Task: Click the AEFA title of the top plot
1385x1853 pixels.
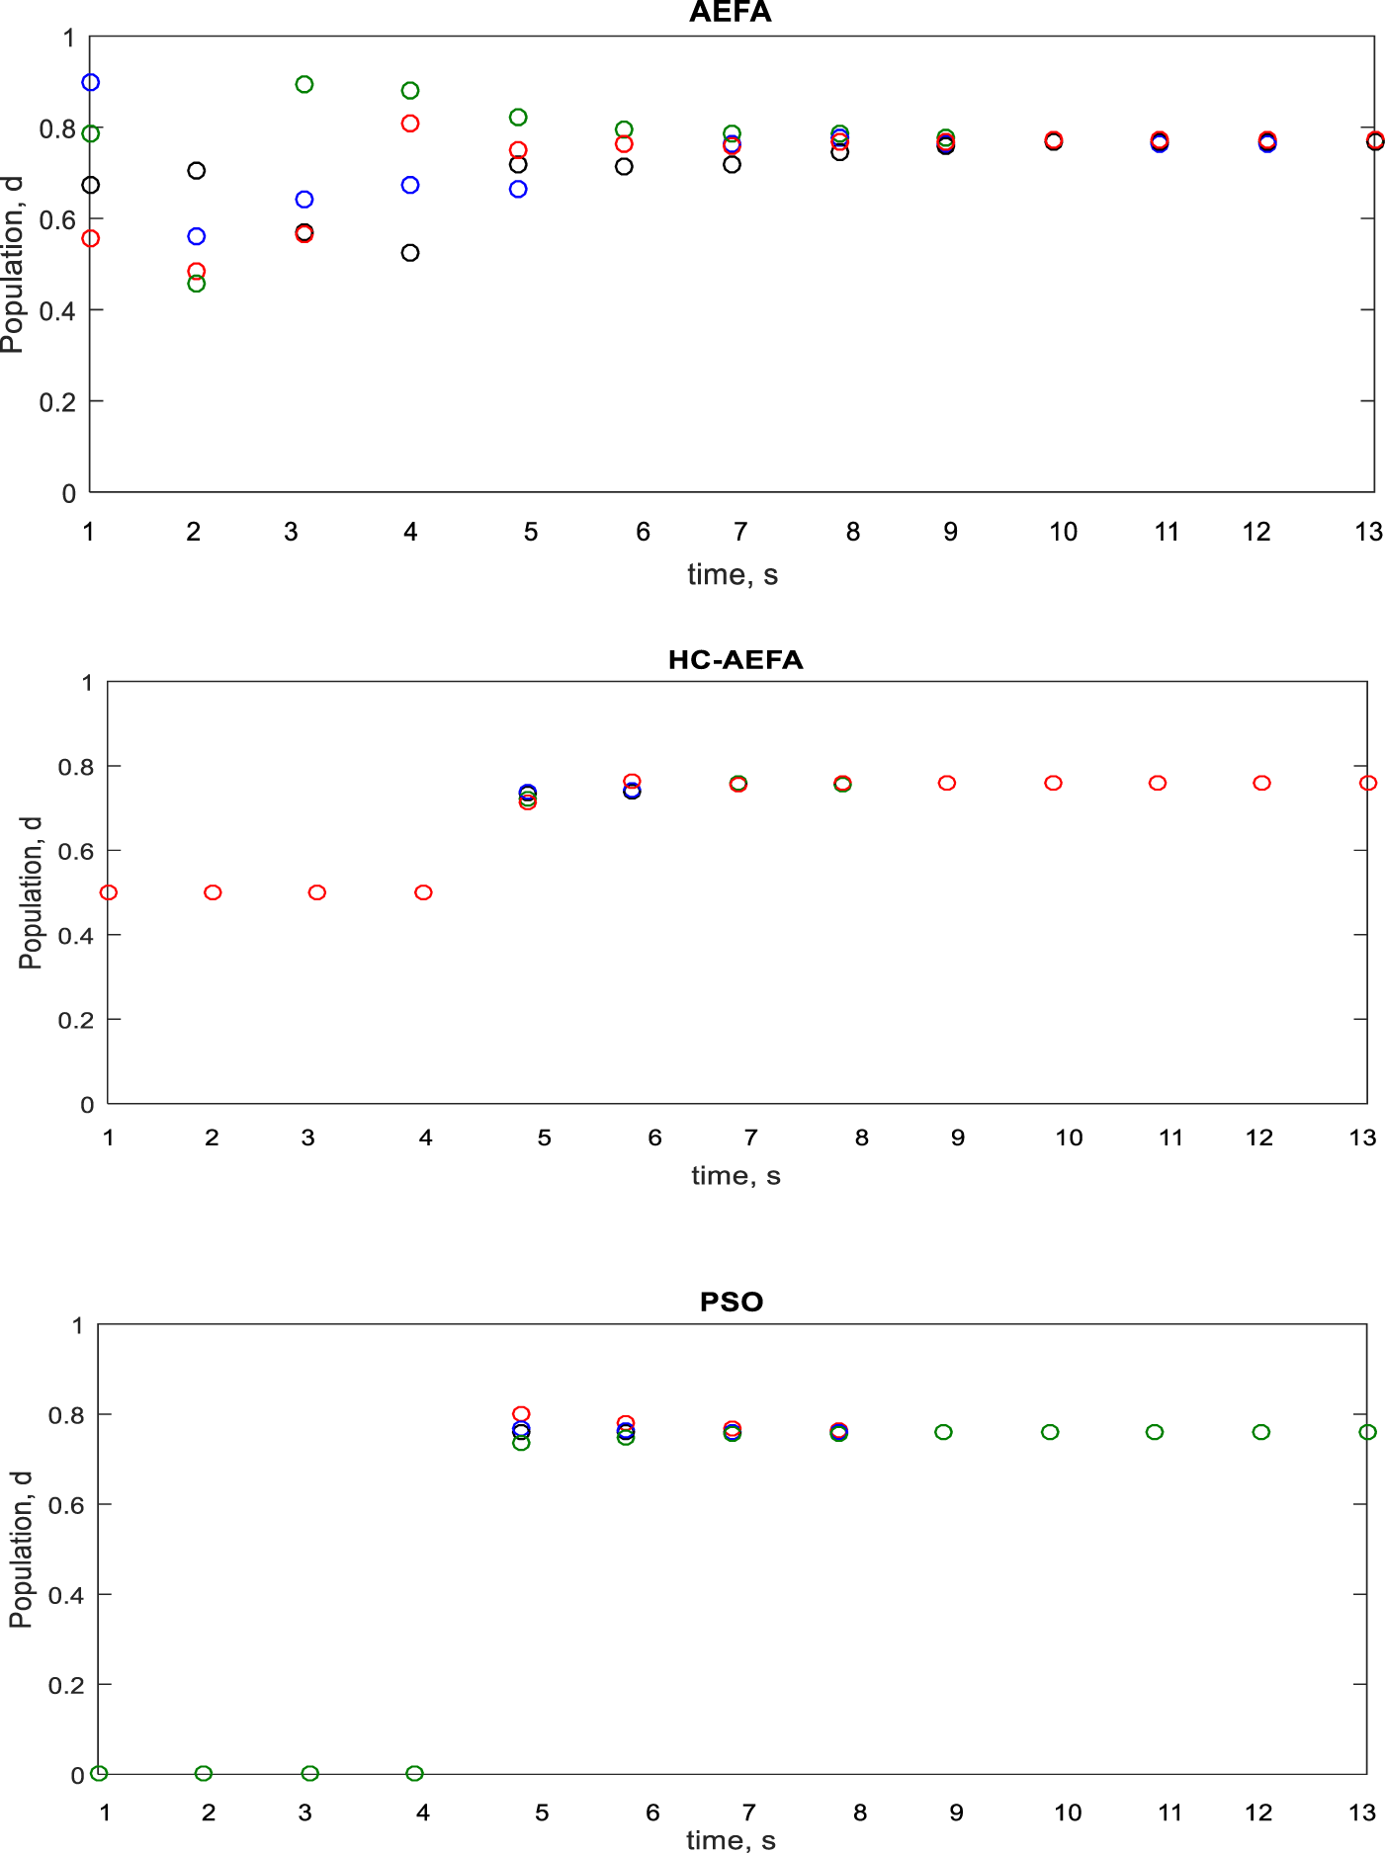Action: coord(730,13)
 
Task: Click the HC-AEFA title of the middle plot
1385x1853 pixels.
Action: coord(736,660)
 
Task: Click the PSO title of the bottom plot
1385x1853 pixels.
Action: coord(732,1302)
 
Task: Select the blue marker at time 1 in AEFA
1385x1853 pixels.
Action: coord(91,83)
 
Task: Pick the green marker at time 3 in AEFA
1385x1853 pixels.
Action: coord(304,85)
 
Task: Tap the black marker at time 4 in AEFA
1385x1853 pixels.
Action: coord(410,253)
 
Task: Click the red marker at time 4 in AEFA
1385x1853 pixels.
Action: coord(410,124)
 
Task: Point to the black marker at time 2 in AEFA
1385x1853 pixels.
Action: coord(197,171)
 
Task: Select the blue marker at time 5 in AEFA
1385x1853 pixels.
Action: coord(518,190)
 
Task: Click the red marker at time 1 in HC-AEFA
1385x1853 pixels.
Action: coord(109,892)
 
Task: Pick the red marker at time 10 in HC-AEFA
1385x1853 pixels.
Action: coord(1053,783)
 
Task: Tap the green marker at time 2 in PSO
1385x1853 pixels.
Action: coord(204,1773)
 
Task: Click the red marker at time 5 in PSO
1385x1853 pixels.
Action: coord(521,1414)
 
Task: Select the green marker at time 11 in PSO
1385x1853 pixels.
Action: coord(1155,1432)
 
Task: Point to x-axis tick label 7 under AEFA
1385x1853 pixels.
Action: coord(739,532)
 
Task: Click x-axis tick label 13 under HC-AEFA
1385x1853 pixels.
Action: coord(1362,1137)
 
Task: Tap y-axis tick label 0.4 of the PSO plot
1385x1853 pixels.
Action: coord(65,1595)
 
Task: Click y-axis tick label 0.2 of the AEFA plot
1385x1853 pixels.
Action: coord(56,402)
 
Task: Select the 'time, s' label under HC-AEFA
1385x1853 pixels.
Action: coord(736,1175)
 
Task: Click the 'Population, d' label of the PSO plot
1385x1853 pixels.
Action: coord(21,1549)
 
